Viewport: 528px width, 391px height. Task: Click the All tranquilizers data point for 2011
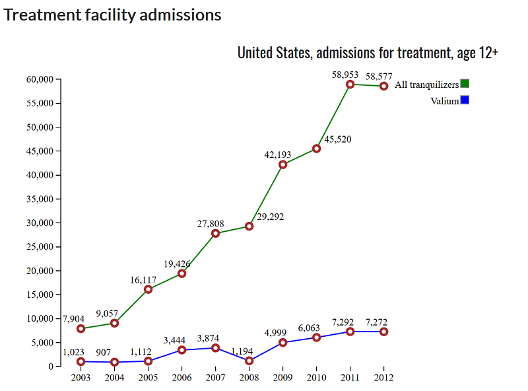pos(350,85)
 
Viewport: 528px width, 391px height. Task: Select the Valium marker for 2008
pos(249,361)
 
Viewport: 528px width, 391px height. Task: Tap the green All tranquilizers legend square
pos(465,84)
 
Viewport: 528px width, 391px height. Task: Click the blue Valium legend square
pos(465,100)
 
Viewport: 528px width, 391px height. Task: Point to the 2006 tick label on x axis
pos(181,378)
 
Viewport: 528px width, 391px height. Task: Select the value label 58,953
pos(345,75)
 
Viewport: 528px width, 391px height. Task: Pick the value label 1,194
pos(243,351)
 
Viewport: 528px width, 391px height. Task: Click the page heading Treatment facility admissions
pos(113,15)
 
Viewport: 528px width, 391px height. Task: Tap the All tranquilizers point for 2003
pos(81,328)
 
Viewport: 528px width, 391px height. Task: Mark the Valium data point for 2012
pos(383,332)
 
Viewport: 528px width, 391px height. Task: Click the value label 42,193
pos(277,155)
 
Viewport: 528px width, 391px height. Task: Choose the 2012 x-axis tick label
pos(383,378)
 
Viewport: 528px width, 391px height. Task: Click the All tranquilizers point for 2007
pos(215,233)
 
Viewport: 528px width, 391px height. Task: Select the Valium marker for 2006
pos(181,350)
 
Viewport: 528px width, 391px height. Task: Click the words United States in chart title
pos(274,53)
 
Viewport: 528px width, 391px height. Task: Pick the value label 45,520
pos(339,139)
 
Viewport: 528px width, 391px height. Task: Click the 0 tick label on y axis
pos(49,366)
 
